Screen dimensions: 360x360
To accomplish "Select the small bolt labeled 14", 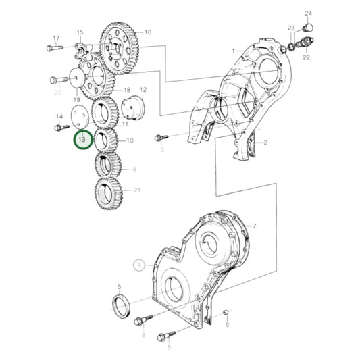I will point(62,127).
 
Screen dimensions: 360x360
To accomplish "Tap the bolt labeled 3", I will point(161,137).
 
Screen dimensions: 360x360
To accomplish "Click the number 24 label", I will point(309,14).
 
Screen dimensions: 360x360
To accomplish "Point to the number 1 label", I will point(233,51).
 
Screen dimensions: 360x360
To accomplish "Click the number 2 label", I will point(265,143).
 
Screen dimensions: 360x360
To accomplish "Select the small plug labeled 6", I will point(225,312).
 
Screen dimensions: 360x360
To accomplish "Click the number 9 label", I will point(133,169).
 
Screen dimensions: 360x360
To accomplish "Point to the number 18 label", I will point(126,91).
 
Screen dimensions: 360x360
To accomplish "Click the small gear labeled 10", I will point(105,140).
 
